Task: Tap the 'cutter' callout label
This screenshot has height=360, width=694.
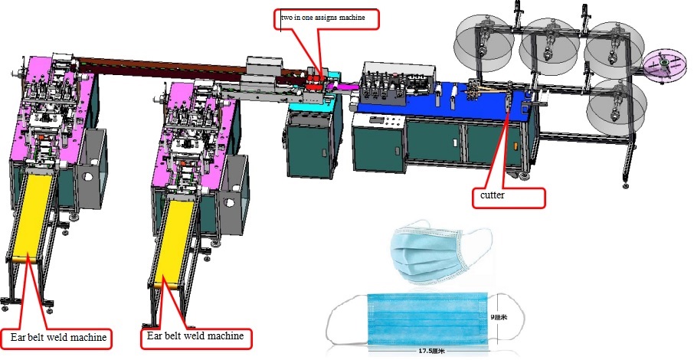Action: [508, 197]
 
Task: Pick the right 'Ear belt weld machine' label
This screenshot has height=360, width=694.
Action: [195, 335]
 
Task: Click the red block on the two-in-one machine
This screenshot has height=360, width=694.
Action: [316, 84]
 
